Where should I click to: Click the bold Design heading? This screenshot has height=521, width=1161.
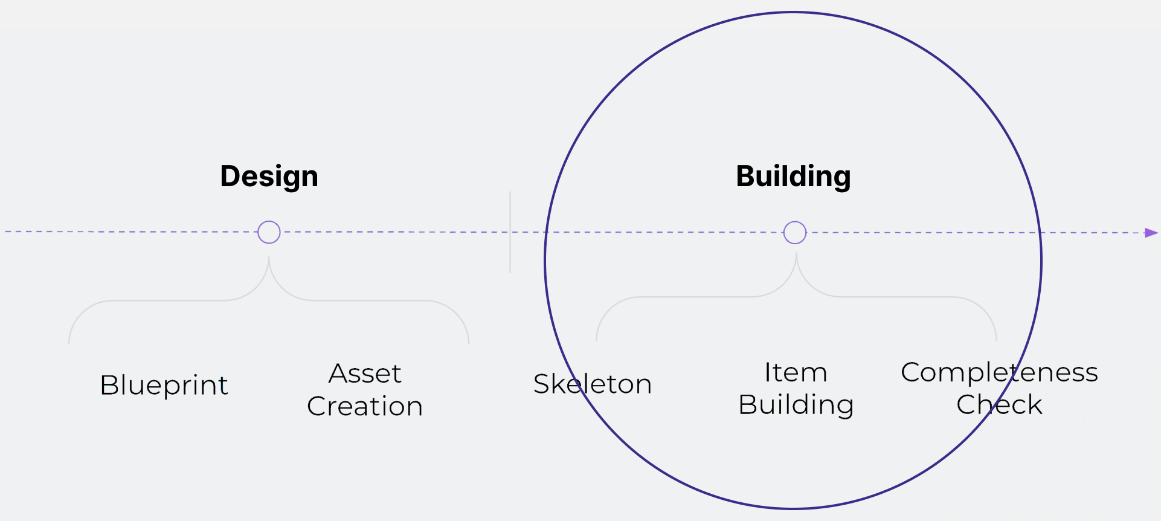[269, 176]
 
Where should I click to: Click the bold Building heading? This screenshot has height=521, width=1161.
[793, 176]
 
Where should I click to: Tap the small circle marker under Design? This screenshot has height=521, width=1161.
[269, 232]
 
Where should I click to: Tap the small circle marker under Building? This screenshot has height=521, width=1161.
[794, 233]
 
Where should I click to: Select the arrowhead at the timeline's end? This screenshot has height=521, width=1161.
[1151, 233]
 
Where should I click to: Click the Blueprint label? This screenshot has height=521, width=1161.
[164, 385]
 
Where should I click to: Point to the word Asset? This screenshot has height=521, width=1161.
[365, 374]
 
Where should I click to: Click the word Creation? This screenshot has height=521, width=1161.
[365, 406]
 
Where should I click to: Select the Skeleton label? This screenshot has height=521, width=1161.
[592, 384]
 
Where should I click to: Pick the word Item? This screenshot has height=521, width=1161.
[796, 372]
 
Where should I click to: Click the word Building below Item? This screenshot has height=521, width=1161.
[796, 404]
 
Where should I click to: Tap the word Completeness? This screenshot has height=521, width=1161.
[999, 372]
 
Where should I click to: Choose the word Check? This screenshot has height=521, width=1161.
[999, 404]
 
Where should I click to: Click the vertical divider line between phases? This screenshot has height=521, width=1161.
[510, 232]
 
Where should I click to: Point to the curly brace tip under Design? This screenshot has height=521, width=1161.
[269, 259]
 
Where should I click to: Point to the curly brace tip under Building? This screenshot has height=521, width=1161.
[796, 256]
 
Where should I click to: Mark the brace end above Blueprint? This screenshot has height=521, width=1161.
[69, 342]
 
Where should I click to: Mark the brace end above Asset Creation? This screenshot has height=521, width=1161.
[469, 342]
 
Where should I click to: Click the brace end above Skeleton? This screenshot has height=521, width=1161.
[597, 338]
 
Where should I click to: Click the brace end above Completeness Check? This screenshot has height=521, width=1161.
[996, 338]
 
